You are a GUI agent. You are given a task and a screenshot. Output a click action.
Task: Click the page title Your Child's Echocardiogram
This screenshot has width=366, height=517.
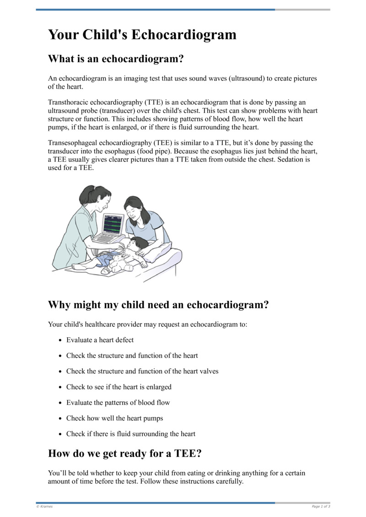point(142,35)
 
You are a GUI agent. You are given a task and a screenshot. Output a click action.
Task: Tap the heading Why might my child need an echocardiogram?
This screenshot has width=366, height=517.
point(158,305)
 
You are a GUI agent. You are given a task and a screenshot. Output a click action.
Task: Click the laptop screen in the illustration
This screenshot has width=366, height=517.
point(113,224)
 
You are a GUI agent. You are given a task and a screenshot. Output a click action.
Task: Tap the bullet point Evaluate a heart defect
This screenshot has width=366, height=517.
point(100,340)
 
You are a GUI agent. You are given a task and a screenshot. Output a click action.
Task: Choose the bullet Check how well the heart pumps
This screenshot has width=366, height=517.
point(114,418)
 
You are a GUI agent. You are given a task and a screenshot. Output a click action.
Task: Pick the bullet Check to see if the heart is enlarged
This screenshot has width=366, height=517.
point(118,387)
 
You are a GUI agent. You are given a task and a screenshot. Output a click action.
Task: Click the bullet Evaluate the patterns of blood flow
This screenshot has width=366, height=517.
point(118,403)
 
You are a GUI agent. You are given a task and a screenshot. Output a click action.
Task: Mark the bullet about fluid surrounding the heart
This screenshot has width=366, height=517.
point(130,434)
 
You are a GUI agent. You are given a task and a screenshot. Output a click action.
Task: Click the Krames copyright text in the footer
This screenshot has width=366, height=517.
point(44,506)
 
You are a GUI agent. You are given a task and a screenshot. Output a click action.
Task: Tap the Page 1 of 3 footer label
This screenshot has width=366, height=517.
point(321,506)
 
